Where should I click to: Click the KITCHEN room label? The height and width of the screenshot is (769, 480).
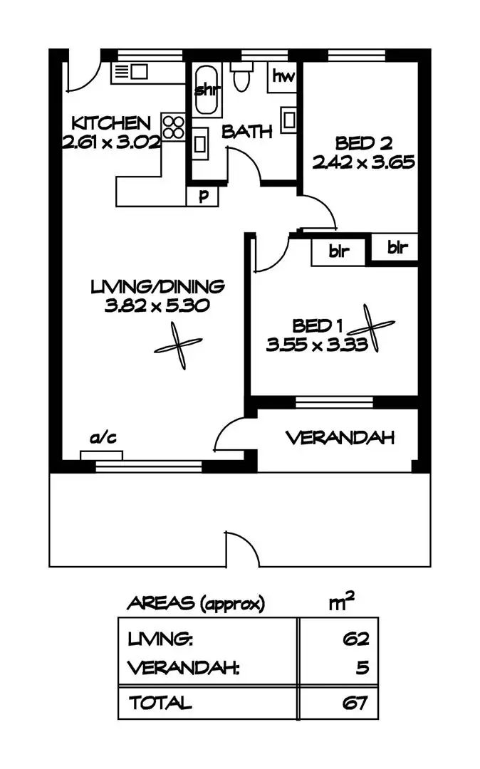(110, 122)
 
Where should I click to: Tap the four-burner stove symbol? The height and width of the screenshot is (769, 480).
(173, 127)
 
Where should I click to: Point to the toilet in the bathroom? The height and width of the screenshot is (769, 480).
(241, 76)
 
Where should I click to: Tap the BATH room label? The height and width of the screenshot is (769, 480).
(247, 132)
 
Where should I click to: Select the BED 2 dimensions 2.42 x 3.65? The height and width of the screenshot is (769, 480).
(363, 162)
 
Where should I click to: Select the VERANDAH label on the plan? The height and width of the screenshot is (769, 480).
(340, 438)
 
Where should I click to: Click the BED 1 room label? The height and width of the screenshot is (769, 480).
(318, 326)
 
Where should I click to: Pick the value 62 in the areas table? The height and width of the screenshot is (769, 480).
(355, 639)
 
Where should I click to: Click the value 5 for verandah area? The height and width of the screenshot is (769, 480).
(362, 669)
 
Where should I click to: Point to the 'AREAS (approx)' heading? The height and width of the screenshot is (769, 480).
(195, 604)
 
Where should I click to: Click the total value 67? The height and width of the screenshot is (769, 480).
(355, 703)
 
